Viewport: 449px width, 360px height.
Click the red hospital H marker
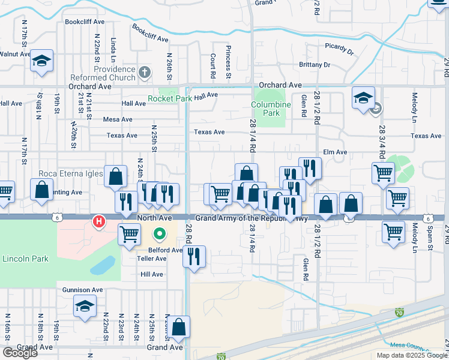point(99,223)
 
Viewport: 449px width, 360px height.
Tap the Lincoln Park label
point(25,259)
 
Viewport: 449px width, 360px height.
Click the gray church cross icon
point(144,73)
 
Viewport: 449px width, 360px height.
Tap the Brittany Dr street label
point(315,65)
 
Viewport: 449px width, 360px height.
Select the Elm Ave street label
point(335,152)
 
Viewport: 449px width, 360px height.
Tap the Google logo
point(20,353)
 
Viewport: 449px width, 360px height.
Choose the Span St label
point(430,238)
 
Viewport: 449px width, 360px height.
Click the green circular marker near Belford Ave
point(160,234)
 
